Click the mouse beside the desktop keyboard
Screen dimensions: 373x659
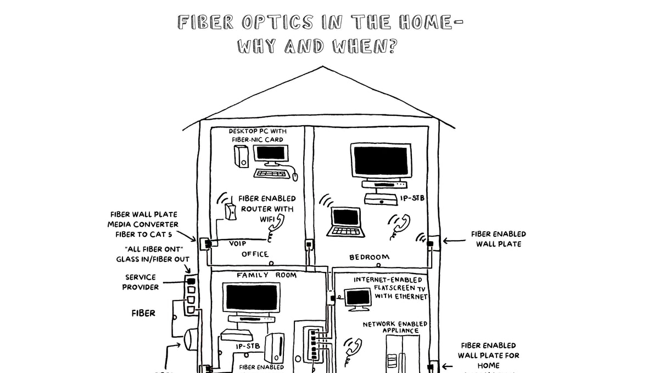tap(294, 176)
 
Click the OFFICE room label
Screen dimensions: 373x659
tap(255, 254)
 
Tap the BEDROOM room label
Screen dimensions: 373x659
tap(370, 257)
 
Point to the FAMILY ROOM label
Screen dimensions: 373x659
tap(266, 275)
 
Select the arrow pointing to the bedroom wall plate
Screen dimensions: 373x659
tap(453, 240)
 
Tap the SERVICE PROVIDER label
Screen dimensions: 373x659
tap(141, 282)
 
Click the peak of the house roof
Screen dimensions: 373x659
tap(322, 67)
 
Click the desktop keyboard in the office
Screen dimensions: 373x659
tap(271, 173)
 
